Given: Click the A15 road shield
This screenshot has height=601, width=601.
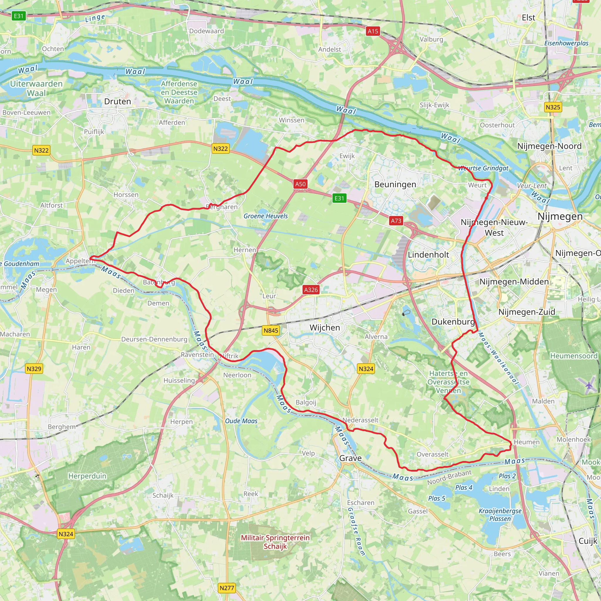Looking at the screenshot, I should tap(373, 31).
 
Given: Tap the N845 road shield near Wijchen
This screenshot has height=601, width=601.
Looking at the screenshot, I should tap(271, 331).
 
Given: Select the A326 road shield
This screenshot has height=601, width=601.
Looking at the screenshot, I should tap(311, 290).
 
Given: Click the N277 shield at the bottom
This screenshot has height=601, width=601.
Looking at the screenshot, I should tap(227, 588).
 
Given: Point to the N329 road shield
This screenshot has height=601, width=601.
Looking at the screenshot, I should tap(34, 369).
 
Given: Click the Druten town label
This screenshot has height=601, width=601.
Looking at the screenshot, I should tap(118, 102).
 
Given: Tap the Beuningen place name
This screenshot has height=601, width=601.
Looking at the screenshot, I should tap(395, 185).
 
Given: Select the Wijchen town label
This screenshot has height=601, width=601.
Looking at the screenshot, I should tap(325, 327).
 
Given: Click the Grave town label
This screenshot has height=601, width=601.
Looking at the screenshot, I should tap(350, 458).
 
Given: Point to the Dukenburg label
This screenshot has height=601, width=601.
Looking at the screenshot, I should tap(453, 322).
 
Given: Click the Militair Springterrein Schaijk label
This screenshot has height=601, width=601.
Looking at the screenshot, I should tap(275, 542).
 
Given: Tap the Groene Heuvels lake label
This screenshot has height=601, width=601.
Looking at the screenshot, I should tap(266, 216).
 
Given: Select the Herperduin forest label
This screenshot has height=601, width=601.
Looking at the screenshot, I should tap(87, 476).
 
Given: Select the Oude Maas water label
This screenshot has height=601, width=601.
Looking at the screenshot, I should tap(241, 421).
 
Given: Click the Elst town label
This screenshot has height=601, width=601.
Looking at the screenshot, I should tap(528, 18).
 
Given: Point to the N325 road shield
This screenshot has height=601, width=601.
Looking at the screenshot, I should tap(553, 107).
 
